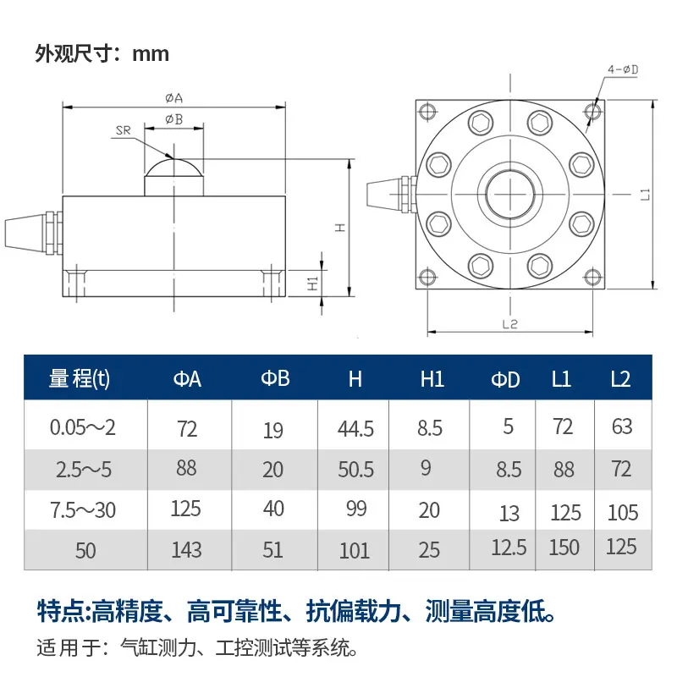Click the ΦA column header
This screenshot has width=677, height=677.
pos(187,378)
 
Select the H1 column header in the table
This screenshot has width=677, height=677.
pos(432,378)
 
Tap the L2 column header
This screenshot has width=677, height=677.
pos(620,378)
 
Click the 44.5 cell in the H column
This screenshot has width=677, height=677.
pos(355,429)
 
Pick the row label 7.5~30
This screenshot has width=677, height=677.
pos(83,510)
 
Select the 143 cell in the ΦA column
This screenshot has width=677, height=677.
pos(186,549)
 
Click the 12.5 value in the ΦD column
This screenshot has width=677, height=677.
pos(509,548)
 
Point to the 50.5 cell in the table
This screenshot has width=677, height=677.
pos(355,470)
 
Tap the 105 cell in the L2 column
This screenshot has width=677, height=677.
pos(623,513)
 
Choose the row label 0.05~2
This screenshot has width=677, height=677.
pos(83,427)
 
